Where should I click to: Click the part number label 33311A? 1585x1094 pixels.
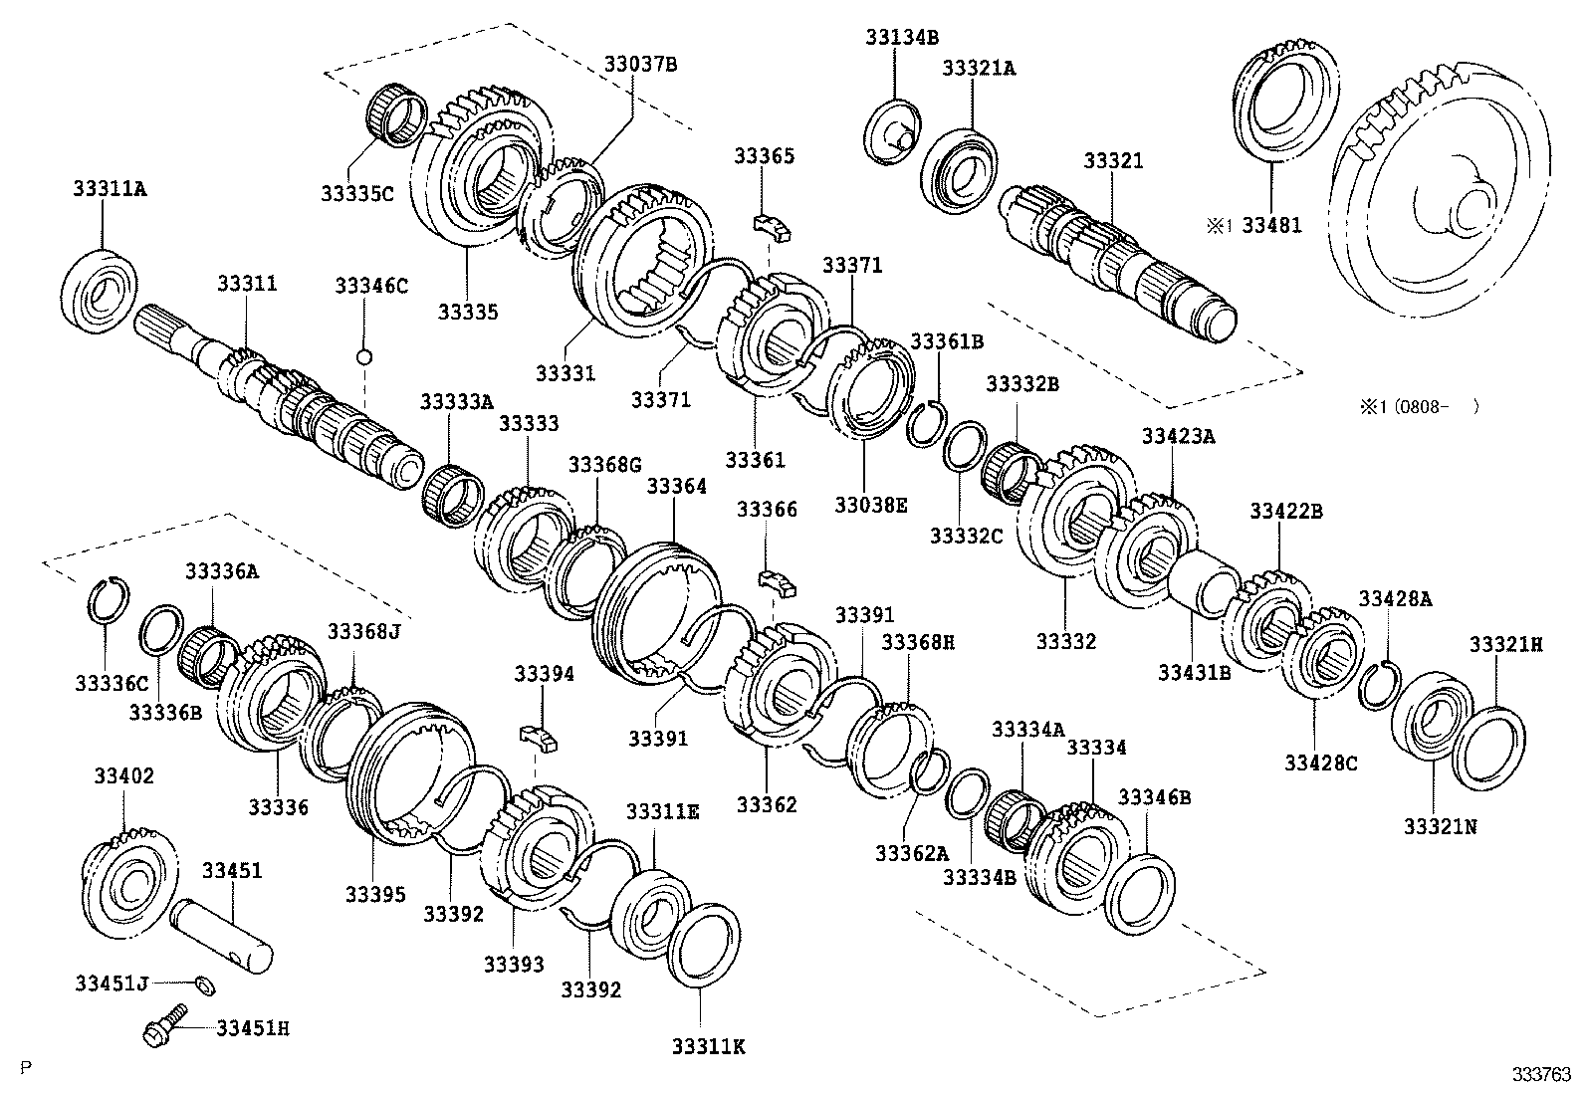point(109,188)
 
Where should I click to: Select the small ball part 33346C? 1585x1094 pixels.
point(364,356)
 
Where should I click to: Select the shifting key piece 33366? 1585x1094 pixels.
point(777,581)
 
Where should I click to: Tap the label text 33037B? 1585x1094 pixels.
point(639,64)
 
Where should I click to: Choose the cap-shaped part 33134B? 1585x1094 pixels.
point(892,130)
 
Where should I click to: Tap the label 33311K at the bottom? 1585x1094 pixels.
point(708,1045)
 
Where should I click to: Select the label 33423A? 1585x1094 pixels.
point(1178,436)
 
